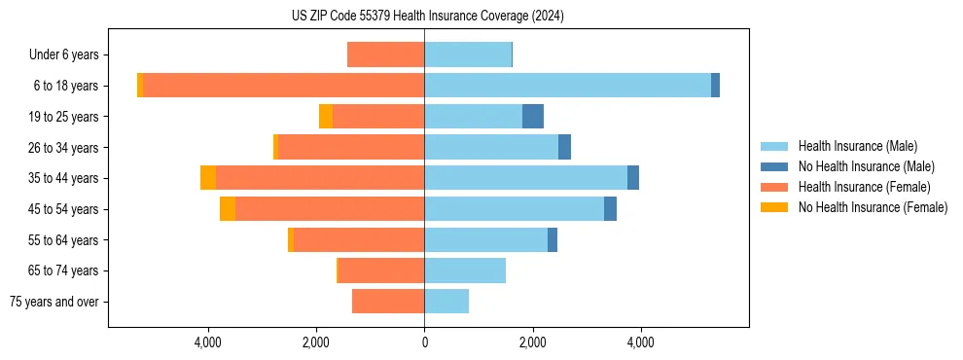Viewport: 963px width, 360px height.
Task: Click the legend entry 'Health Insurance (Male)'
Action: pos(857,146)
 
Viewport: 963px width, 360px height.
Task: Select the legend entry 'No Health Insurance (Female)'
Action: pos(873,207)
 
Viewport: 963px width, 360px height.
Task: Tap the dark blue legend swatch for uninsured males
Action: pos(775,166)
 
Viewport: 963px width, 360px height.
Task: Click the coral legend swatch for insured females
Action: pos(775,187)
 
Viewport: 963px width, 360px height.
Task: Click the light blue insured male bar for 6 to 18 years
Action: pos(567,86)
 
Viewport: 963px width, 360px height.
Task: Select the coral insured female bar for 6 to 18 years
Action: pos(283,86)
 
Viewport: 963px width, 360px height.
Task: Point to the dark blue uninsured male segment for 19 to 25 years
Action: pos(533,117)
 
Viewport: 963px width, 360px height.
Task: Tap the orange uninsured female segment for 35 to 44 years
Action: pos(208,178)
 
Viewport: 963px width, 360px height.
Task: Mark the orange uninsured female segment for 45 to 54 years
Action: pos(228,209)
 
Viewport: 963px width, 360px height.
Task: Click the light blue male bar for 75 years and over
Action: pos(446,302)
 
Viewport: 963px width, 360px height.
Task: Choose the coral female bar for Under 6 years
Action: pos(385,55)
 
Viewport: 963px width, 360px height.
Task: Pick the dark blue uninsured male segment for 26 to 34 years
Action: pos(564,148)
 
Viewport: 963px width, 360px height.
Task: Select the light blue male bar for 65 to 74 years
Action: pos(465,270)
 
